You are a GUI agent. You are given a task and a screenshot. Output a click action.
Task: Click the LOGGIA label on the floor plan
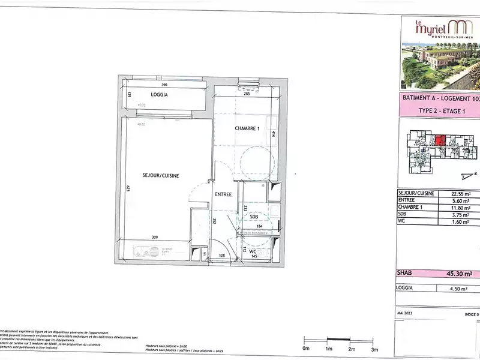pyautogui.click(x=159, y=95)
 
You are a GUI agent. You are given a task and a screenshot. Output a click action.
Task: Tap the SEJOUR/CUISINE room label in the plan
pyautogui.click(x=161, y=175)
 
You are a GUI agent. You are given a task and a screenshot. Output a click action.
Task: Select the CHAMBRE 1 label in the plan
pyautogui.click(x=246, y=128)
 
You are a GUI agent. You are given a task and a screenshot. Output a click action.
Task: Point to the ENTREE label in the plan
pyautogui.click(x=223, y=194)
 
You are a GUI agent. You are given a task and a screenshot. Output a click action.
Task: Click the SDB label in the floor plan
pyautogui.click(x=254, y=217)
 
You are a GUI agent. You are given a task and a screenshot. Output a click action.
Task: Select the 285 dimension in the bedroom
pyautogui.click(x=246, y=94)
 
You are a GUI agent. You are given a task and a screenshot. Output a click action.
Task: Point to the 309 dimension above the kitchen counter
pyautogui.click(x=155, y=239)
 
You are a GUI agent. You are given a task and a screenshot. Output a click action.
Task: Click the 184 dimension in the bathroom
pyautogui.click(x=260, y=226)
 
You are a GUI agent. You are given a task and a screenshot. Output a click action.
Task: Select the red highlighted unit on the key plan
pyautogui.click(x=440, y=140)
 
